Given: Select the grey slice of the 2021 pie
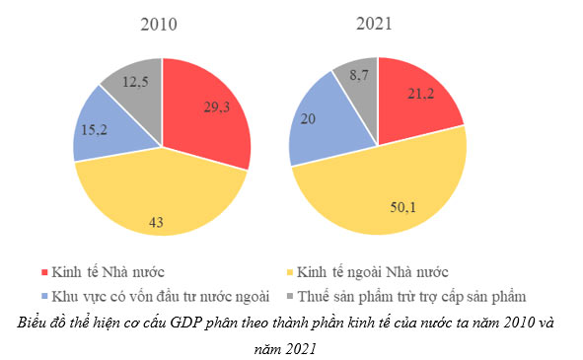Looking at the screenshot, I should [357, 84].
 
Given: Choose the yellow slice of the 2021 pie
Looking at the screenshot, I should [385, 187].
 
